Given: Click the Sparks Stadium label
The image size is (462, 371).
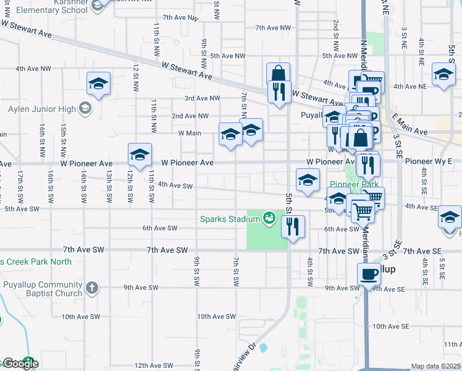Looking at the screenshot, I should click(228, 218).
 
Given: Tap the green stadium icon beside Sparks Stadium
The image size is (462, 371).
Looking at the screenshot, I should click(268, 218).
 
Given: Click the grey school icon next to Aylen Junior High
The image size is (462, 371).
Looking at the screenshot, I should click(85, 109).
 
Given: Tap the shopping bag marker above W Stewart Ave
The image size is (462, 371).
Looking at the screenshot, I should click(279, 74).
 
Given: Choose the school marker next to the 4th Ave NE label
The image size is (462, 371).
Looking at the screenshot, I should click(443, 76).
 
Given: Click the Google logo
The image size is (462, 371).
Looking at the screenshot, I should click(20, 364).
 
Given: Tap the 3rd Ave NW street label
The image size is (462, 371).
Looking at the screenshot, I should click(202, 98).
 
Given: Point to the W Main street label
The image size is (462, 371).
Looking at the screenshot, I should click(190, 133).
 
